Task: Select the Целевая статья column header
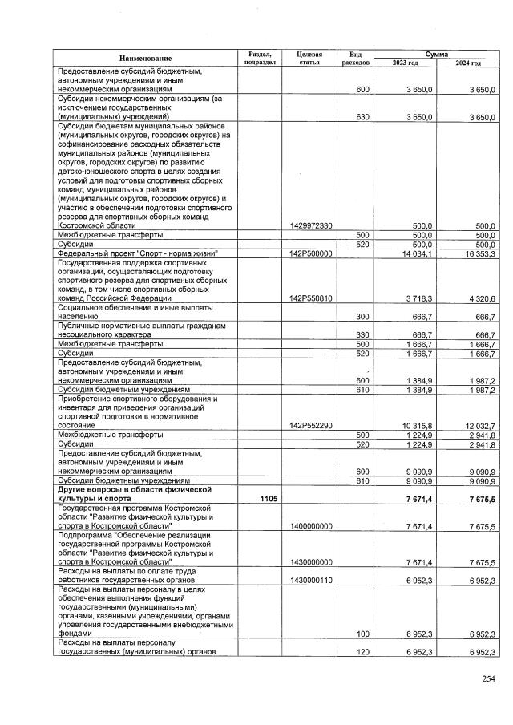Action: point(309,57)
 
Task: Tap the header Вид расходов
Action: point(355,57)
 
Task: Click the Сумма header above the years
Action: point(436,52)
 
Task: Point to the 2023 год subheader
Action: point(405,63)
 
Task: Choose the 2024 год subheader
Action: point(467,63)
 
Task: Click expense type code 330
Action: point(362,334)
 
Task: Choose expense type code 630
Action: point(362,117)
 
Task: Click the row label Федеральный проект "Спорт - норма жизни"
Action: point(138,253)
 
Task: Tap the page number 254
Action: point(488,679)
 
